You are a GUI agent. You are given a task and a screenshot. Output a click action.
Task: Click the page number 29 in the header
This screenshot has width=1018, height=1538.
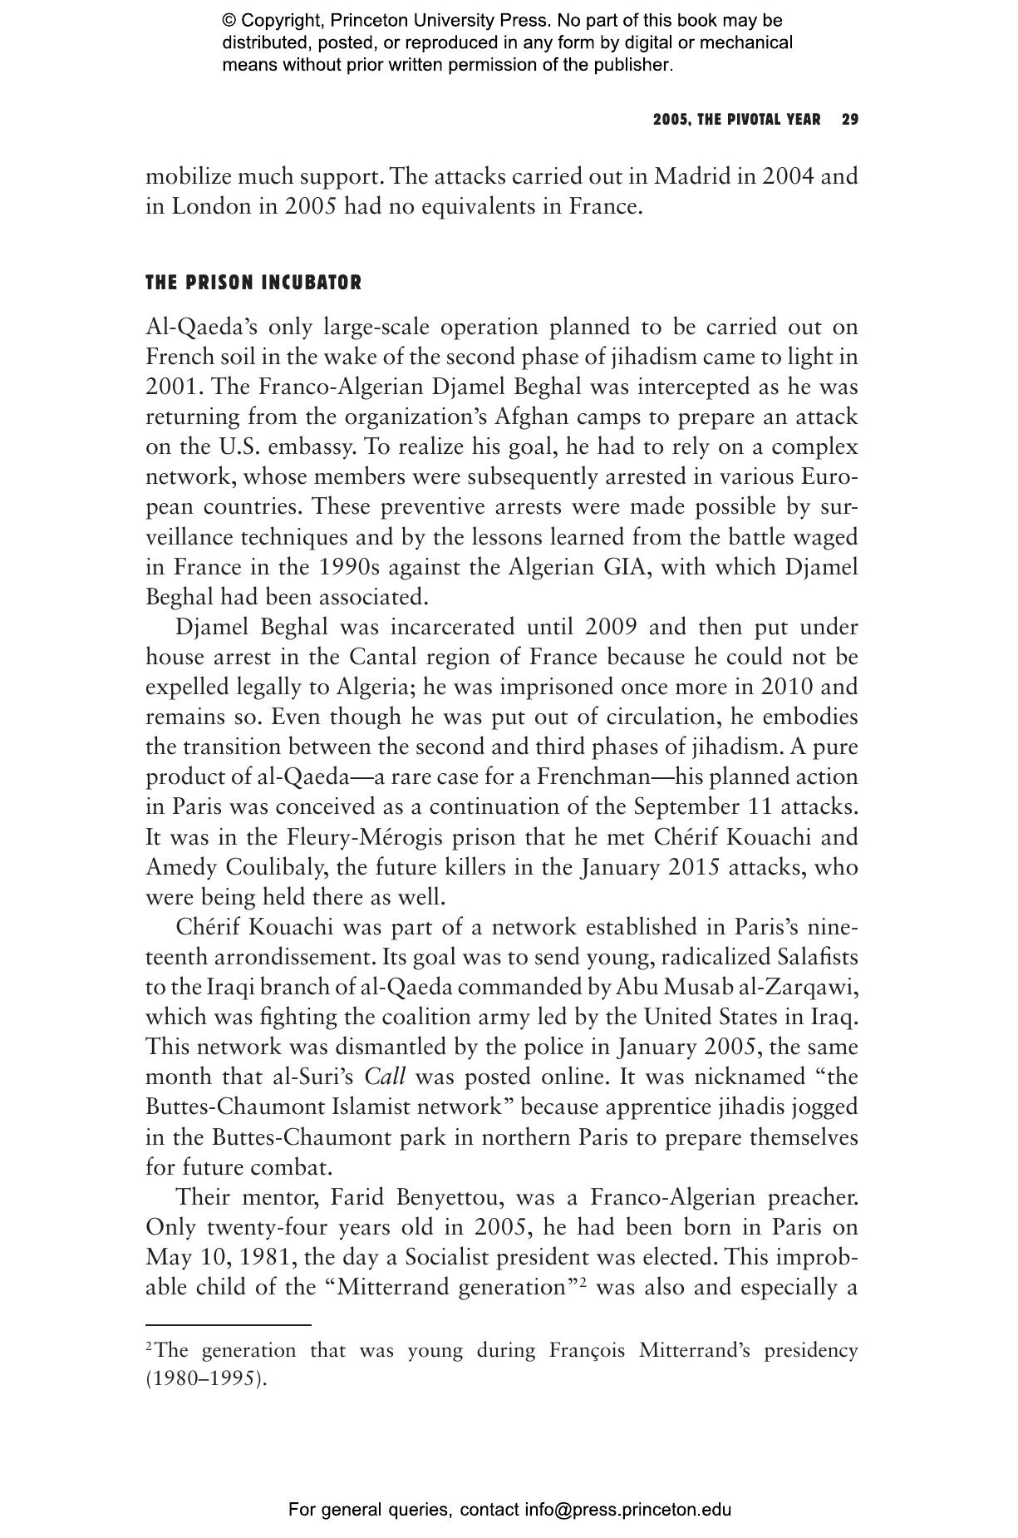click(x=849, y=120)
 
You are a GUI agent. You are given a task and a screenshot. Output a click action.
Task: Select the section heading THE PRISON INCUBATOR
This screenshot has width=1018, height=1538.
click(x=253, y=283)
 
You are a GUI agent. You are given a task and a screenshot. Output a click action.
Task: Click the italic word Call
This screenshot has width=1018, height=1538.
click(x=385, y=1077)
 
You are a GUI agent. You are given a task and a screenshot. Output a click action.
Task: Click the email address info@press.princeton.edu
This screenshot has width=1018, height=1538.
click(x=627, y=1509)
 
